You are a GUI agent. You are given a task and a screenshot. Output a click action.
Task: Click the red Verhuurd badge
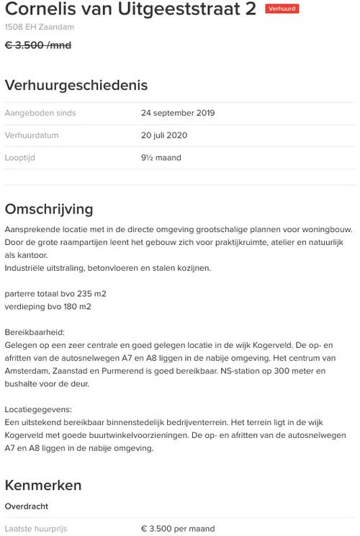coord(282,9)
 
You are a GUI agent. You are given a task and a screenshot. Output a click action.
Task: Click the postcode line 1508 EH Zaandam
coord(39,27)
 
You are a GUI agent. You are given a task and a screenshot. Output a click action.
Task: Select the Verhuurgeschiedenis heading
coord(76,85)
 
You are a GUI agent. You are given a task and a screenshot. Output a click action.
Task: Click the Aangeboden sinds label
coord(40,113)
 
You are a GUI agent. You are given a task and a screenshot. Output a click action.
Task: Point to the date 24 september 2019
coord(178,113)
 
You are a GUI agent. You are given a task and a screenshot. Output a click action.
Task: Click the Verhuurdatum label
coord(32,135)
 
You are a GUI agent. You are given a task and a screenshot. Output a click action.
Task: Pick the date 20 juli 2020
coord(164,135)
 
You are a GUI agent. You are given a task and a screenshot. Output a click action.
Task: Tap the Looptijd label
coord(20,158)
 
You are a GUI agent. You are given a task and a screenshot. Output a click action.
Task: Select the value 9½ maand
coord(161,158)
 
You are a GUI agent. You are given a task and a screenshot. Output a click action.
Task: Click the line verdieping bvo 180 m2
coord(48,307)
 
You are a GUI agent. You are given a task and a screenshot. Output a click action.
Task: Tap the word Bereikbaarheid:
coord(34,333)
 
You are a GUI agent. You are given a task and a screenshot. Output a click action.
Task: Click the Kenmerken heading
coord(43,485)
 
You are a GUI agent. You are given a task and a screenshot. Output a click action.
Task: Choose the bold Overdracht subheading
coord(27,506)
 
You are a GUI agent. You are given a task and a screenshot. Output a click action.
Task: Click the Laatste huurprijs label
coord(36,529)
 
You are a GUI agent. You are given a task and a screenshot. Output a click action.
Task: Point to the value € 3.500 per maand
coord(178,529)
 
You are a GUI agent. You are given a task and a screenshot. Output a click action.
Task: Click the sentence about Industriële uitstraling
coord(108,268)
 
